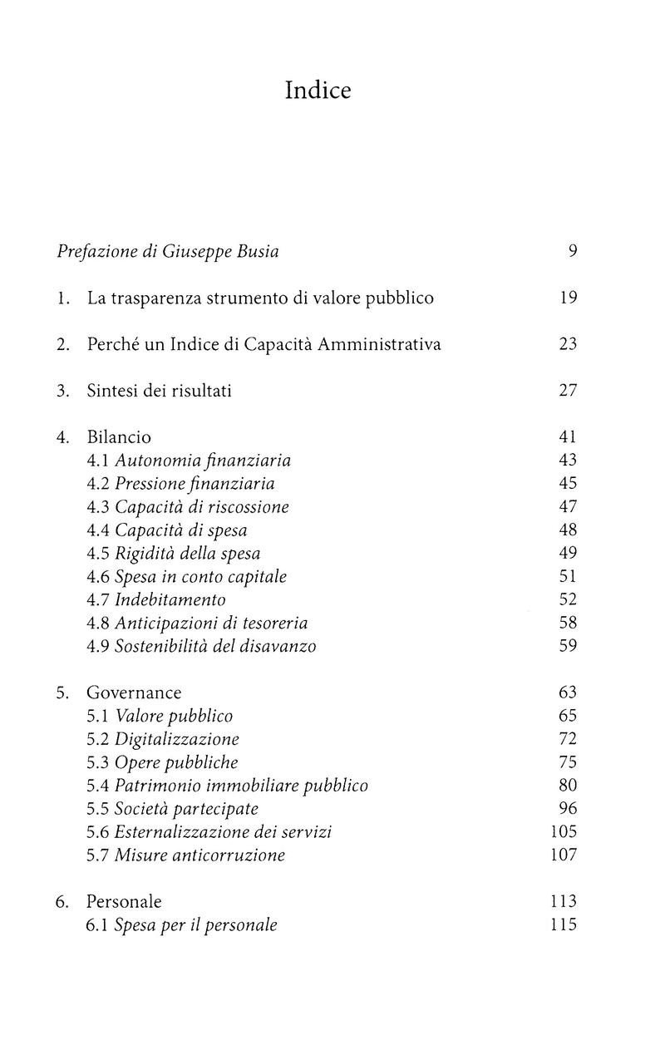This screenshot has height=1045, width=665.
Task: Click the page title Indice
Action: pos(318,90)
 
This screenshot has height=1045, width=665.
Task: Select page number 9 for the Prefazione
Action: pos(572,251)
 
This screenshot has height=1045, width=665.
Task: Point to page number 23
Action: pos(568,344)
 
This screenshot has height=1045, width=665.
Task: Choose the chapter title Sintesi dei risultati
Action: pos(159,391)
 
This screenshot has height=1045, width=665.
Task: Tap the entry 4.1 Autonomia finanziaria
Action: pos(189,460)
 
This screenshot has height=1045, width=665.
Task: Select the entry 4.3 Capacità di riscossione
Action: pos(188,506)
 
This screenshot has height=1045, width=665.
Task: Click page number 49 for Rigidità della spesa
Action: pos(568,553)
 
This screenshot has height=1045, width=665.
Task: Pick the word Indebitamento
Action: pos(170,599)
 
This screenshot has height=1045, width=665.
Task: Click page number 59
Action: pos(568,645)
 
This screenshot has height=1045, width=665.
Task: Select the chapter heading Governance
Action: pos(134,693)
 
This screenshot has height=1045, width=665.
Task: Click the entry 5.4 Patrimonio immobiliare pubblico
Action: pos(227,786)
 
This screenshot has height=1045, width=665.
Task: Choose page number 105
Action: pos(564,831)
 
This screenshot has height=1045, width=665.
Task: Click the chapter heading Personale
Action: pos(124,901)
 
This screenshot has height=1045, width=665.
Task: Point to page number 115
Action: pos(564,924)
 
